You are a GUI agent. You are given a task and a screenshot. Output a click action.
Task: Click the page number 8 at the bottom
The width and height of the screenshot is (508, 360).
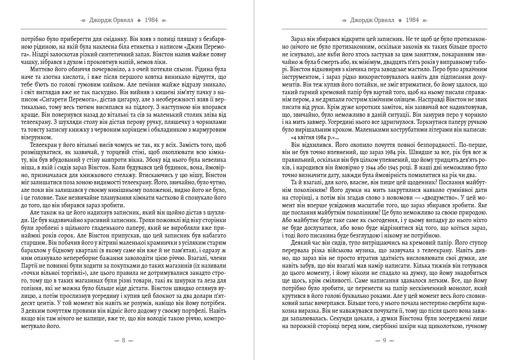123,340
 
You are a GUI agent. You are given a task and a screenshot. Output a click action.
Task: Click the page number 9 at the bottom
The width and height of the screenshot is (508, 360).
384,340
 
